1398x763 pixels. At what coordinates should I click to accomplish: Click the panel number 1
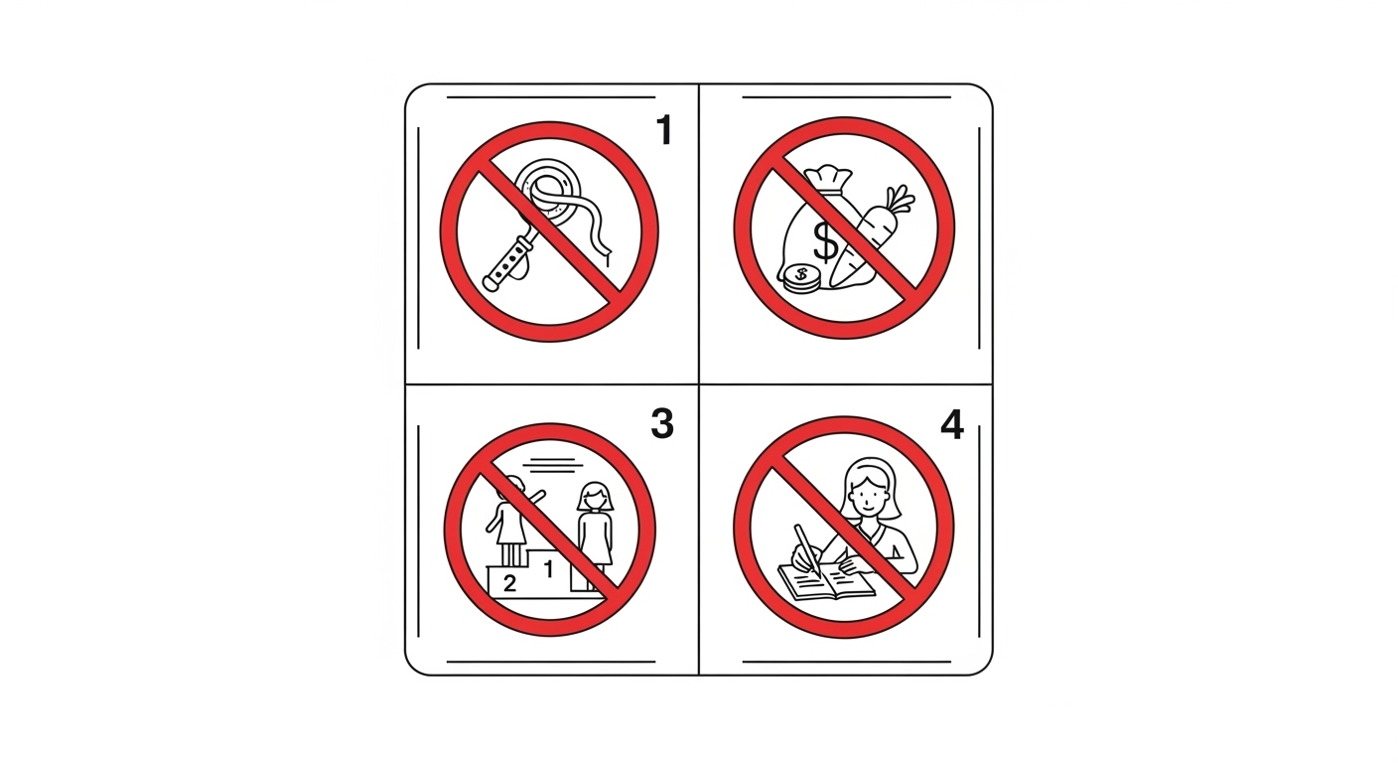[x=664, y=130]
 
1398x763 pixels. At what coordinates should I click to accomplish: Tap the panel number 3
[x=662, y=423]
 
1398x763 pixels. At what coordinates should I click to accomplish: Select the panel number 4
[x=952, y=425]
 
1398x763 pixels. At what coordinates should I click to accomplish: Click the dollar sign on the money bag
[x=825, y=241]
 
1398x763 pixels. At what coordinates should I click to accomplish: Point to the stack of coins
[x=801, y=279]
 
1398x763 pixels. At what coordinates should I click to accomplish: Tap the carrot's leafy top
[x=899, y=199]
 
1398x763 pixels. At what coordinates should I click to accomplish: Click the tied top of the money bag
[x=828, y=176]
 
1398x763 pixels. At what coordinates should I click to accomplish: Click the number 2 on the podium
[x=510, y=583]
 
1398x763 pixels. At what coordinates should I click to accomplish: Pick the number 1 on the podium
[x=549, y=569]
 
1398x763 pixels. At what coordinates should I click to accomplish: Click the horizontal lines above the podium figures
[x=552, y=463]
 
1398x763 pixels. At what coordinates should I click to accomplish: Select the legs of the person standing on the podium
[x=510, y=554]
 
